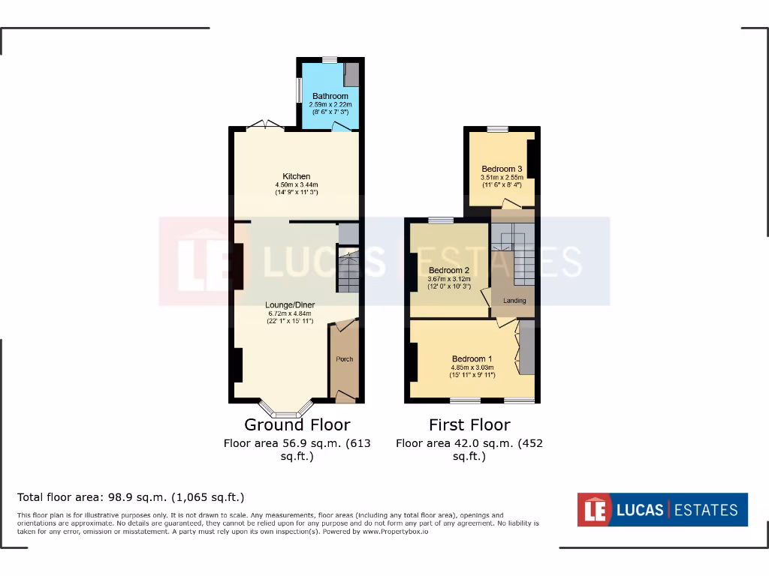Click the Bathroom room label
click(330, 97)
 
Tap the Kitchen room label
click(297, 177)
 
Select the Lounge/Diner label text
click(290, 304)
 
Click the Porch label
click(344, 359)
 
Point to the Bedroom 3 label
click(502, 169)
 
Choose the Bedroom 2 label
click(449, 270)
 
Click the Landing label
click(514, 301)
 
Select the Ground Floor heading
click(297, 424)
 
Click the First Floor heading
click(469, 424)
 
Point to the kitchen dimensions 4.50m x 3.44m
click(297, 185)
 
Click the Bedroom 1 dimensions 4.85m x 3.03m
click(472, 367)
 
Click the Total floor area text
click(131, 497)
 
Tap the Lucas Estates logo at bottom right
click(662, 510)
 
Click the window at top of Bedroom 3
click(496, 129)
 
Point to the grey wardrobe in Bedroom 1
click(526, 347)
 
